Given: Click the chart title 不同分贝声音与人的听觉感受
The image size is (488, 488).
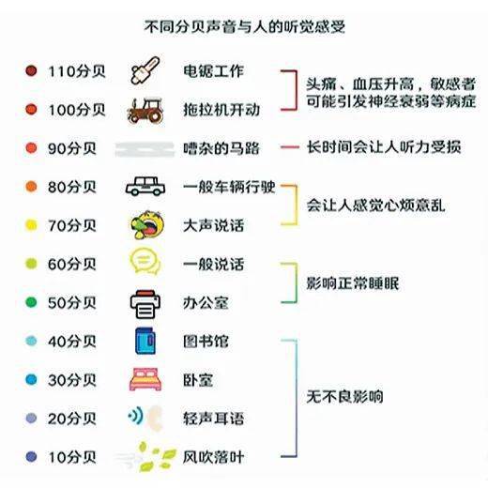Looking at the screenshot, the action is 245,27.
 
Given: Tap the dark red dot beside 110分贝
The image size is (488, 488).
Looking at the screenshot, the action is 31,70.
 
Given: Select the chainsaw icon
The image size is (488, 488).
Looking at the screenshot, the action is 145,70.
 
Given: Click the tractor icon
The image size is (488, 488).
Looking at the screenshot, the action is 145,110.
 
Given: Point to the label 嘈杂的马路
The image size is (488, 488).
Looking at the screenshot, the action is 221,148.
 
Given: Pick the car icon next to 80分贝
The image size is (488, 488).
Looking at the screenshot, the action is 145,187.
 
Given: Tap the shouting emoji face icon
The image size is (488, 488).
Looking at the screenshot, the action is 147,224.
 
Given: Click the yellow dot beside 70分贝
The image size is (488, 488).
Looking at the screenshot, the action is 31,225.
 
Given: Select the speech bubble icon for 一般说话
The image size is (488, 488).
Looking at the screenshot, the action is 145,262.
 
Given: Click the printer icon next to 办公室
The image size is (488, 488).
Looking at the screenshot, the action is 145,304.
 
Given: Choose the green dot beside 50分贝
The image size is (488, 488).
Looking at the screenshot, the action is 31,302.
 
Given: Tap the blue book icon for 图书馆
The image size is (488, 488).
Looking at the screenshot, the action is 145,341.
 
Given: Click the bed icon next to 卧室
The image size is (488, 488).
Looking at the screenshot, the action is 145,379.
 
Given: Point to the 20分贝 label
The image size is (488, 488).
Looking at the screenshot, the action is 72,419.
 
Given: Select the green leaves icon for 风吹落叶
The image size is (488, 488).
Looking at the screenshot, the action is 156,457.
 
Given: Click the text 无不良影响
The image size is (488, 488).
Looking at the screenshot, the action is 344,397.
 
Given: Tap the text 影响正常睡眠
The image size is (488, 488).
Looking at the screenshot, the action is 353,283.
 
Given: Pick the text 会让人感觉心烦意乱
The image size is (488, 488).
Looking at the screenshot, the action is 375,206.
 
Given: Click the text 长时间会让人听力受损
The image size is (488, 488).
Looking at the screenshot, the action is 384,147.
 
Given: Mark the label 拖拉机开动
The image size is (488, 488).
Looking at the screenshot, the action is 221,110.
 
